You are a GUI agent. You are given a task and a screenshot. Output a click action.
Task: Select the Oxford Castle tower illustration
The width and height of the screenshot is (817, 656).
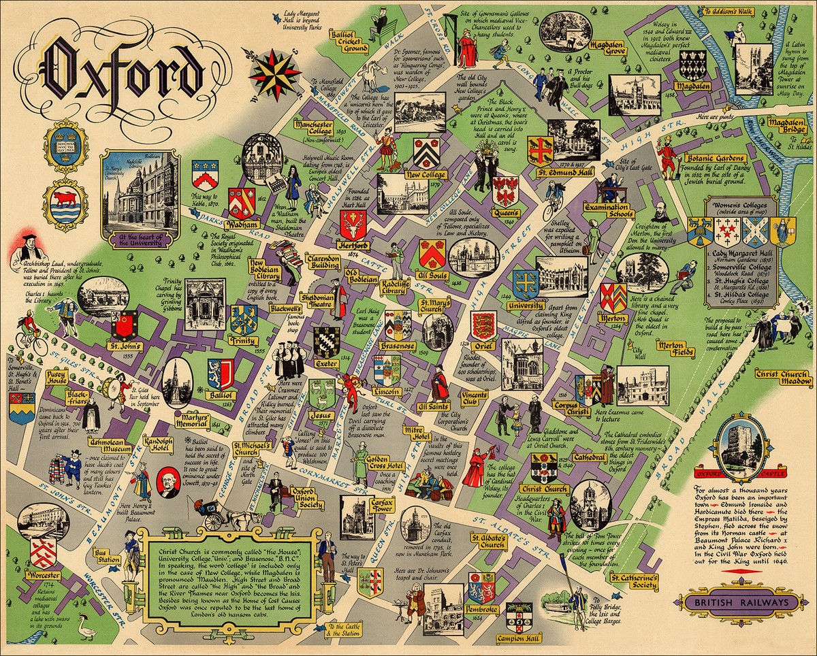739,442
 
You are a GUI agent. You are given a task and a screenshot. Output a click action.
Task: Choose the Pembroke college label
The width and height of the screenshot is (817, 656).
482,609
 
